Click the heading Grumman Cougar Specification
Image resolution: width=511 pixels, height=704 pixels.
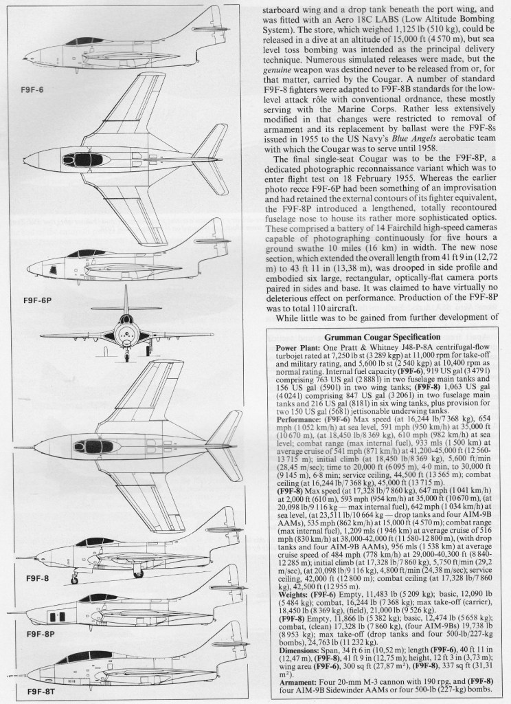click(x=385, y=337)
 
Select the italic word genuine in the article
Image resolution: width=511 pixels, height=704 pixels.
click(x=278, y=70)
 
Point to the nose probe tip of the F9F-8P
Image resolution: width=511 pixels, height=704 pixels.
click(x=8, y=613)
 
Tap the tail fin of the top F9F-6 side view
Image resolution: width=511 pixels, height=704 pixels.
click(x=214, y=17)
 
